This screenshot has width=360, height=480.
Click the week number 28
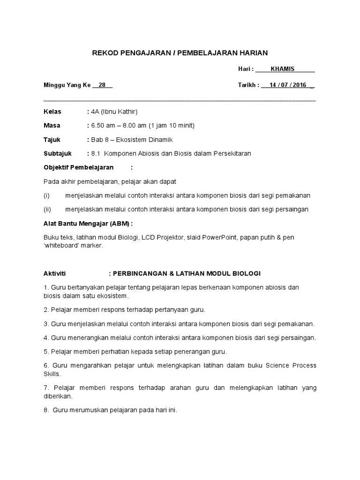tap(102, 85)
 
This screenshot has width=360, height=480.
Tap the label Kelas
tap(52, 112)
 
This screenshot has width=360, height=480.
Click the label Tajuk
tap(52, 140)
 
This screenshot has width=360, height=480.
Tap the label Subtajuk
tap(57, 154)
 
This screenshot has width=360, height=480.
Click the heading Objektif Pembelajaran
tap(78, 167)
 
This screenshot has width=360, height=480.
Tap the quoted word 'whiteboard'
tap(62, 245)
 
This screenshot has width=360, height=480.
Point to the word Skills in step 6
tap(52, 375)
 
